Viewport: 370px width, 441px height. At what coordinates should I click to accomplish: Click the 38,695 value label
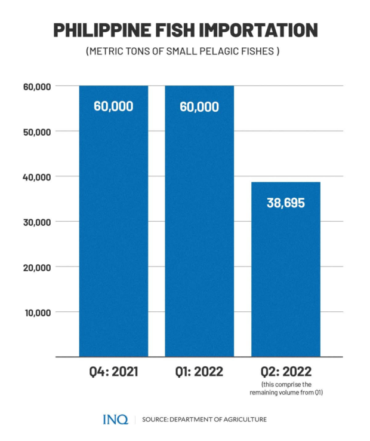(x=285, y=203)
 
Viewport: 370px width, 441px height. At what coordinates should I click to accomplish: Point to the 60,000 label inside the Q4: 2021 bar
(x=113, y=106)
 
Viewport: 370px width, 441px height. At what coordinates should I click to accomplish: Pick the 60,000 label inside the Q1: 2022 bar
(x=199, y=107)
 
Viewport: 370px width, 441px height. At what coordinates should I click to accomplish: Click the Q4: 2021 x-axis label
(x=113, y=372)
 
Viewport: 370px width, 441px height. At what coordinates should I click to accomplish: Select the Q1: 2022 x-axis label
(x=199, y=372)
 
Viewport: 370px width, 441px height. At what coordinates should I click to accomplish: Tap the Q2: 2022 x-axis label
(x=285, y=372)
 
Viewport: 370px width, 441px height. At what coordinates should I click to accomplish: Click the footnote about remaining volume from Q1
(x=285, y=388)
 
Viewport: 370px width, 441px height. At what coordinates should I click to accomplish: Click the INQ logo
(x=115, y=419)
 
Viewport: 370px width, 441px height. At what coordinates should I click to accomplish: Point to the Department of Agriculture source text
(x=204, y=419)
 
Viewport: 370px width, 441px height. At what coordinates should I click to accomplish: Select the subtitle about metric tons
(x=183, y=51)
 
